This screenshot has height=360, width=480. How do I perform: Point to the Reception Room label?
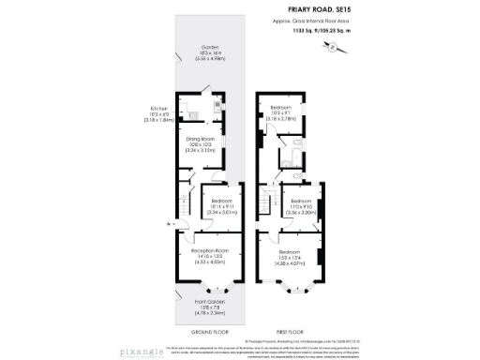click(x=210, y=250)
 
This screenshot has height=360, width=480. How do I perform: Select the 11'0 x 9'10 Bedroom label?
click(x=301, y=204)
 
